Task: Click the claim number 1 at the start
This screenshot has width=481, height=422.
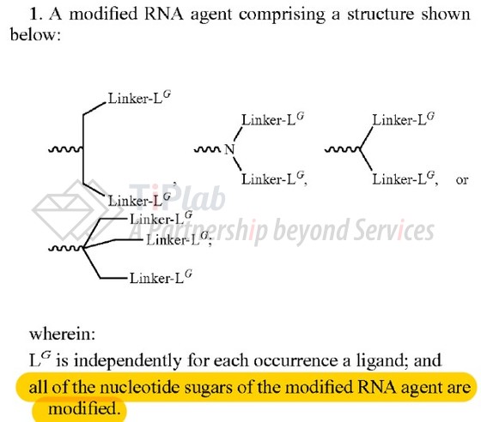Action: click(34, 14)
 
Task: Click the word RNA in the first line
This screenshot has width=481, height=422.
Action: click(163, 14)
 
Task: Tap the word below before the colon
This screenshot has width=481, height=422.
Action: click(33, 34)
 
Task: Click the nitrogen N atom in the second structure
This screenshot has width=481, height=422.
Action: click(230, 149)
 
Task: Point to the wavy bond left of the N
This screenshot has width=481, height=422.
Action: click(207, 150)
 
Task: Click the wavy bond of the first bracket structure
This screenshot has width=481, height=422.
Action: click(65, 150)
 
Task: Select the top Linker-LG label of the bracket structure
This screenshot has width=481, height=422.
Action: click(139, 98)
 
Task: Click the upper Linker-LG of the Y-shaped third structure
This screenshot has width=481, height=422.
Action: click(404, 119)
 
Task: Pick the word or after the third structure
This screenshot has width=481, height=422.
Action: click(462, 180)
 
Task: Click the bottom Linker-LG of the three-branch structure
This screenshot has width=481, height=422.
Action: click(161, 277)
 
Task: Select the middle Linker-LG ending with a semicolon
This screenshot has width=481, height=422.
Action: click(178, 238)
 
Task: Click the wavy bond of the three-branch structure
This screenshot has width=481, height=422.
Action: click(65, 249)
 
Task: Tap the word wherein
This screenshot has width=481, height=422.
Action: click(62, 334)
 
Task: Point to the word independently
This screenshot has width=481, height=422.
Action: click(127, 361)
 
